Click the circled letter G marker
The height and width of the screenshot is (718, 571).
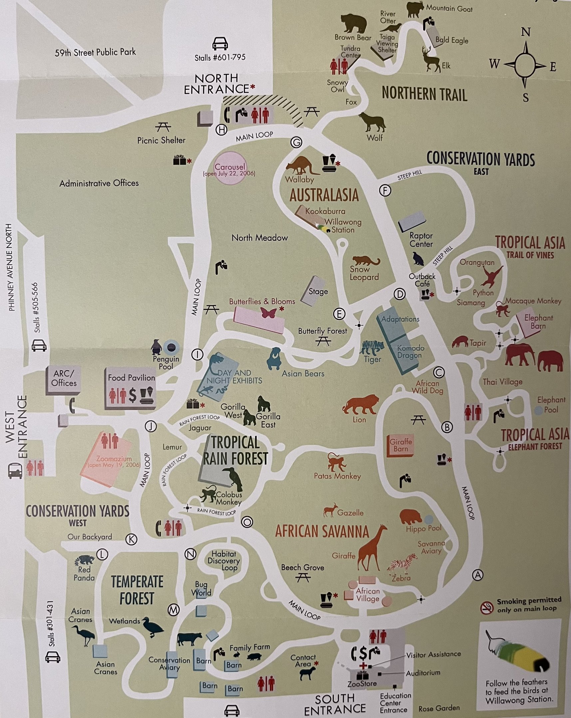[296, 143]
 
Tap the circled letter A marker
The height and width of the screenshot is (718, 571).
[478, 574]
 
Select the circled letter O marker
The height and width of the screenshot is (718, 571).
[247, 522]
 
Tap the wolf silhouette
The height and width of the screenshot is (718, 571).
[372, 122]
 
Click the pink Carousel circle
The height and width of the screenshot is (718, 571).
[230, 168]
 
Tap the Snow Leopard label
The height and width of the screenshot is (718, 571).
[364, 274]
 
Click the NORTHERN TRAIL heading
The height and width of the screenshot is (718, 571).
[424, 94]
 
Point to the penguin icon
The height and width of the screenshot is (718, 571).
[156, 347]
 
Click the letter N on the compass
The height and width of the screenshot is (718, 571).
[526, 33]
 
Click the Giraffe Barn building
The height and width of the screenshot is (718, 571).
[401, 445]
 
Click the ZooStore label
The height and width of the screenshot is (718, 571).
[362, 684]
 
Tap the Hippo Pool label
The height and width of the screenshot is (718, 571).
[423, 528]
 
